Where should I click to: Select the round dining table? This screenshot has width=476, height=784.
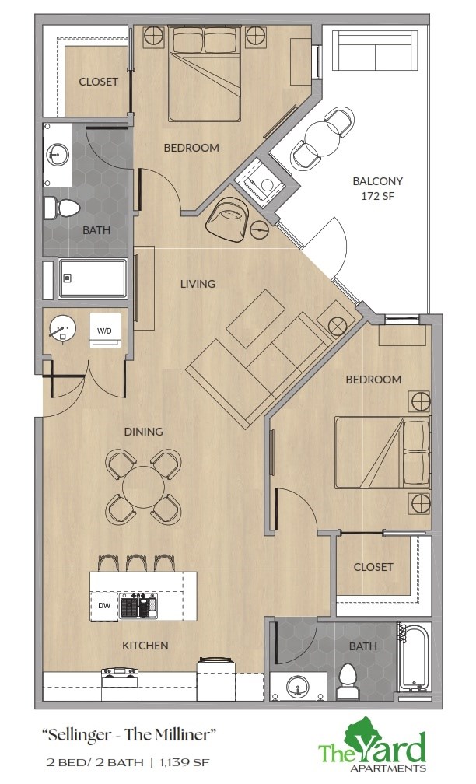pyautogui.click(x=144, y=488)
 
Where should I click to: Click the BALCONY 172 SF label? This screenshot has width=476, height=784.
pyautogui.click(x=378, y=188)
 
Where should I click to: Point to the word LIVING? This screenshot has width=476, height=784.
pyautogui.click(x=198, y=284)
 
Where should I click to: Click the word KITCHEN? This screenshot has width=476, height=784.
pyautogui.click(x=145, y=646)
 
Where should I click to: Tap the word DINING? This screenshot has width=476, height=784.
pyautogui.click(x=143, y=432)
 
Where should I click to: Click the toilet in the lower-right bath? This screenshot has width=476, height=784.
pyautogui.click(x=347, y=682)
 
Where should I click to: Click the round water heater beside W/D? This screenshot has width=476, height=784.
pyautogui.click(x=62, y=330)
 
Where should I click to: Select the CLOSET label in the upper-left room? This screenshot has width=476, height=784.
pyautogui.click(x=98, y=82)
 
